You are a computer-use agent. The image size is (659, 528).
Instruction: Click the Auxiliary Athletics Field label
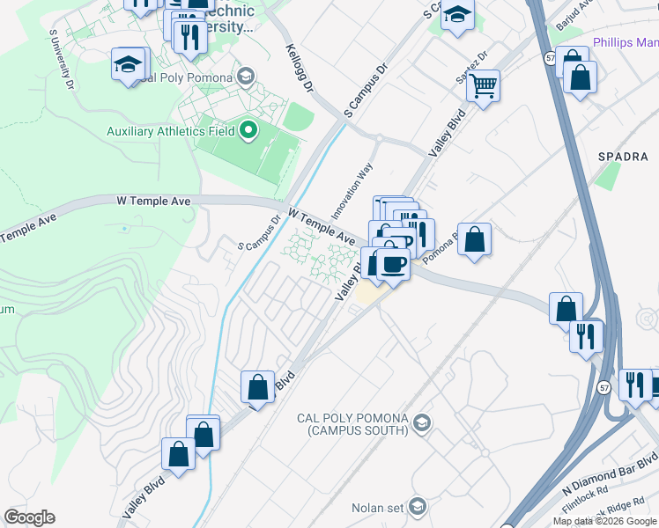tap(170, 131)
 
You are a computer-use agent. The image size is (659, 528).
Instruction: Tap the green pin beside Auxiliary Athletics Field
tap(248, 131)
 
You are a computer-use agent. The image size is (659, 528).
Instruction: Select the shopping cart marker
tap(483, 86)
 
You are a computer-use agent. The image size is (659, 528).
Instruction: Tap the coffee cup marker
tap(393, 263)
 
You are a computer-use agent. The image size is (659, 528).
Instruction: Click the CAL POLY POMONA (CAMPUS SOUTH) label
tap(351, 424)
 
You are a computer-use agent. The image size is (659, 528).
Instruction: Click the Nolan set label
tap(375, 508)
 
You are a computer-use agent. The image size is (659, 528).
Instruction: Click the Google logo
tap(29, 517)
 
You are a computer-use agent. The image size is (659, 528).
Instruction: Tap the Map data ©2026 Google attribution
tap(605, 521)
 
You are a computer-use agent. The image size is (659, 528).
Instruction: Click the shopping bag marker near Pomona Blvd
tap(474, 238)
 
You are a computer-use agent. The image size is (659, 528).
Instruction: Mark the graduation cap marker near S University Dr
tap(128, 64)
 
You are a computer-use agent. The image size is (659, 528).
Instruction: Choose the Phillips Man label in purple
tap(625, 41)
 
